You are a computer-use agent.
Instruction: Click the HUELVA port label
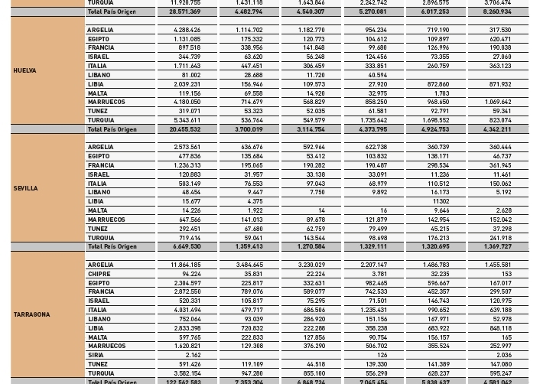pos(24,70)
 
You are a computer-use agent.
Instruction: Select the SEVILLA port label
pos(25,188)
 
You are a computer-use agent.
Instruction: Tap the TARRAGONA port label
pos(31,314)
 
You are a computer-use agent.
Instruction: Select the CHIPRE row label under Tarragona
pos(99,274)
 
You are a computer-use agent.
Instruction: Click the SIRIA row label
pos(96,355)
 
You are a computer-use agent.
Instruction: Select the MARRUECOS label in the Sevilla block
pos(103,220)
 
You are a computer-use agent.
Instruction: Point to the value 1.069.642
pos(497,102)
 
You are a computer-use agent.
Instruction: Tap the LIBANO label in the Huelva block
pos(99,75)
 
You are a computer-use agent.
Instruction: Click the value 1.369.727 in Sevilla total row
pos(497,246)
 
